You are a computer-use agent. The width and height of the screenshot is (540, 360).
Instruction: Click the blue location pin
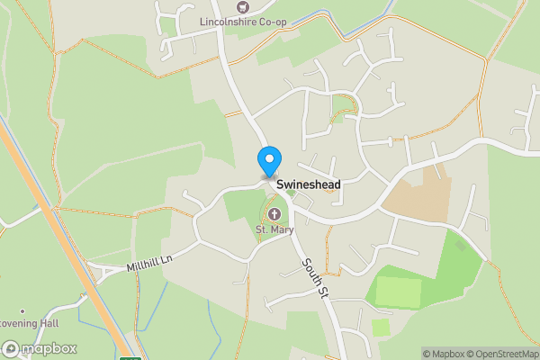[x=268, y=161]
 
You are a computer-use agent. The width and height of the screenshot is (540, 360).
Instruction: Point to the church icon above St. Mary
[x=274, y=214]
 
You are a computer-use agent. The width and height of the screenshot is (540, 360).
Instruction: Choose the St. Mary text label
[x=274, y=230]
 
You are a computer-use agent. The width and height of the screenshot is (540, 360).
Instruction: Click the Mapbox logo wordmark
[x=40, y=349]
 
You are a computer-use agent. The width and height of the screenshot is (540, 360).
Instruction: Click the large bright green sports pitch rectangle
[x=398, y=291]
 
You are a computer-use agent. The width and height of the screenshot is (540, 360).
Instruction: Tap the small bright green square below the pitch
[x=382, y=327]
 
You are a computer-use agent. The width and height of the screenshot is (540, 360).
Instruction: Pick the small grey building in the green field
[x=462, y=244]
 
